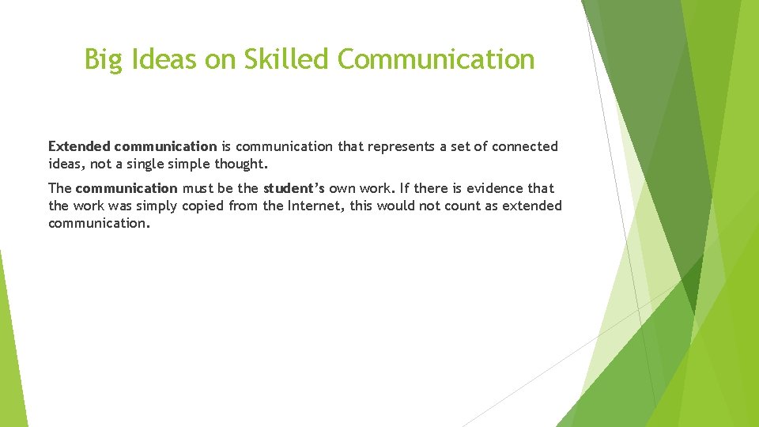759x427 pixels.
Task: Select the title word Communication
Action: pyautogui.click(x=436, y=59)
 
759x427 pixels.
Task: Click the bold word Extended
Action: pyautogui.click(x=79, y=146)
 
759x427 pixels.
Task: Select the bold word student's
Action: pyautogui.click(x=293, y=188)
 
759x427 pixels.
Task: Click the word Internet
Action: pyautogui.click(x=314, y=206)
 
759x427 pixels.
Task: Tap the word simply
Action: pyautogui.click(x=154, y=206)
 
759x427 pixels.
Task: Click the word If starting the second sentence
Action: pyautogui.click(x=404, y=188)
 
